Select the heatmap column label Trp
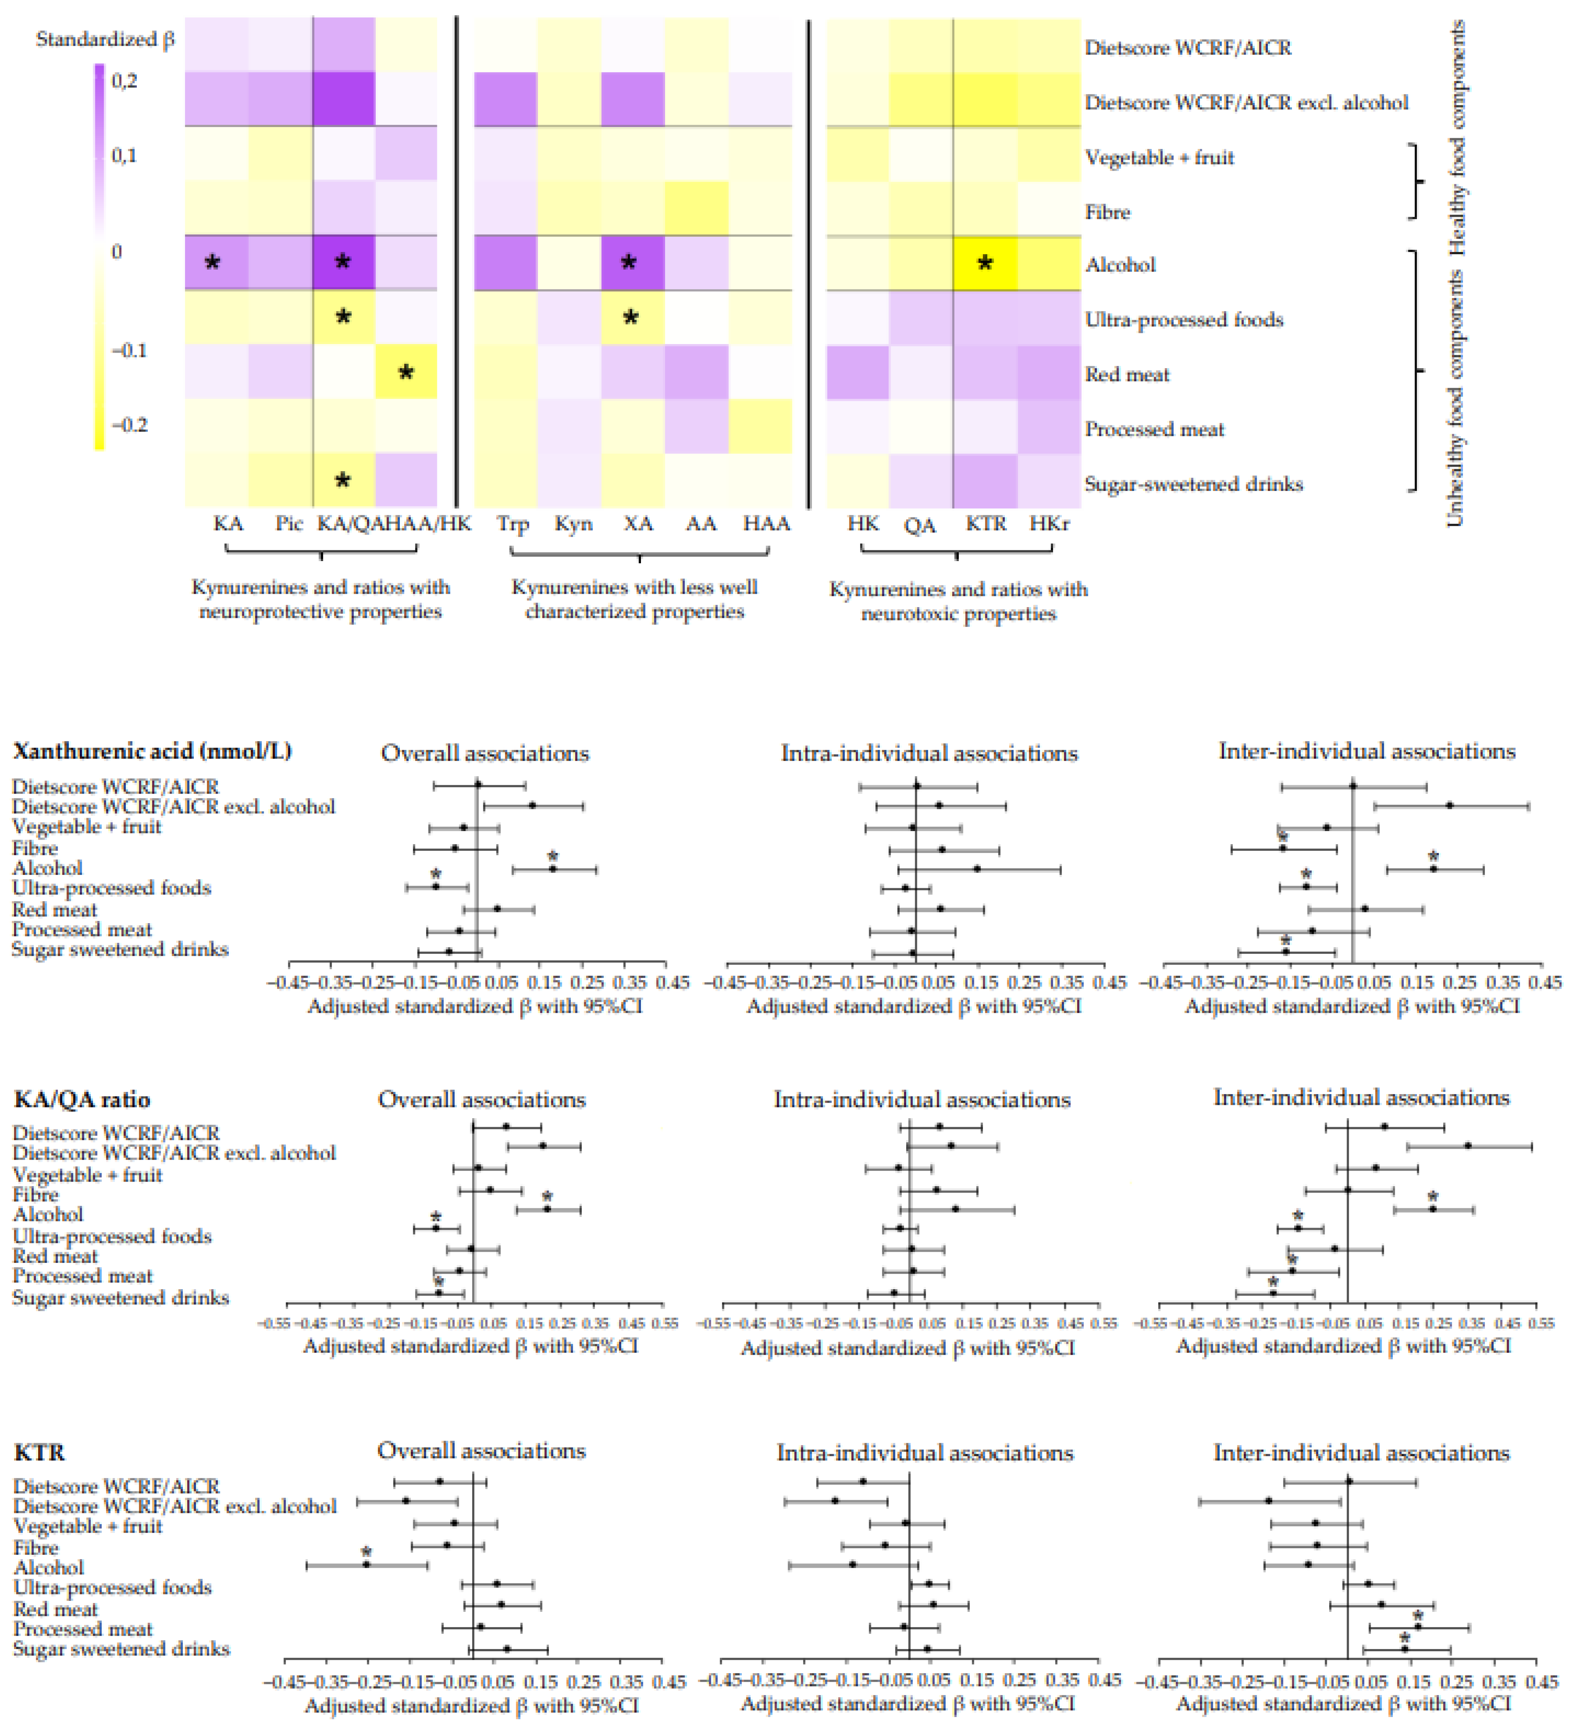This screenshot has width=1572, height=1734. (512, 524)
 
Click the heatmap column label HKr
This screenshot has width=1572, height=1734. (1049, 524)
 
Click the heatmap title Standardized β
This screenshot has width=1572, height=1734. (105, 40)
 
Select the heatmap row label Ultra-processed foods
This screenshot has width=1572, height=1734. (1183, 320)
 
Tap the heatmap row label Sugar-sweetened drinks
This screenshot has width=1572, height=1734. (1193, 484)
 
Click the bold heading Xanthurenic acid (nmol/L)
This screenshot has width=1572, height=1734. (152, 751)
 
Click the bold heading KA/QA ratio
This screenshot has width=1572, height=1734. (82, 1099)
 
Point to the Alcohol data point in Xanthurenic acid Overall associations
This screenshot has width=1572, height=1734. (553, 869)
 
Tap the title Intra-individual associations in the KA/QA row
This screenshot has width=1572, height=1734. (922, 1099)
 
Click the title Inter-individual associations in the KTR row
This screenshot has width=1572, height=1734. (1361, 1453)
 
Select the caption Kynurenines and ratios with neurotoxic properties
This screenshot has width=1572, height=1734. (958, 601)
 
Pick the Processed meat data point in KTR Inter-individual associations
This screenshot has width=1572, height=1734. (1417, 1626)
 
